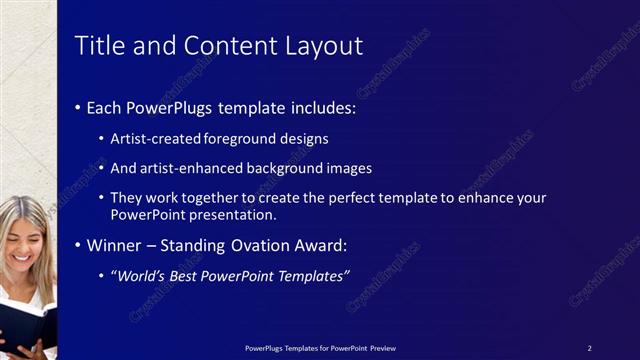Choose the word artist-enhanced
coord(185,168)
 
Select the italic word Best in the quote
coord(192,275)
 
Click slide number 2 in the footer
coord(589,348)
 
